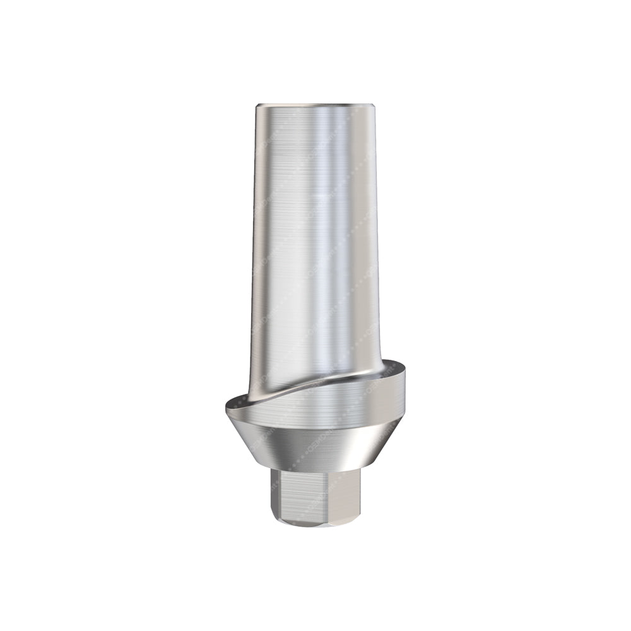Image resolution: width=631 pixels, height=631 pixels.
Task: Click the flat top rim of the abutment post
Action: click(315, 103)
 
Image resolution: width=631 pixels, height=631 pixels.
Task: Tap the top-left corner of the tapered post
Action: click(257, 105)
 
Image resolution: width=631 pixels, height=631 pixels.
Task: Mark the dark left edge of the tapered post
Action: click(255, 252)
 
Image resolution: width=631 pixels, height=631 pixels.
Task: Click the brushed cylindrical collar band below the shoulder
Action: click(315, 410)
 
